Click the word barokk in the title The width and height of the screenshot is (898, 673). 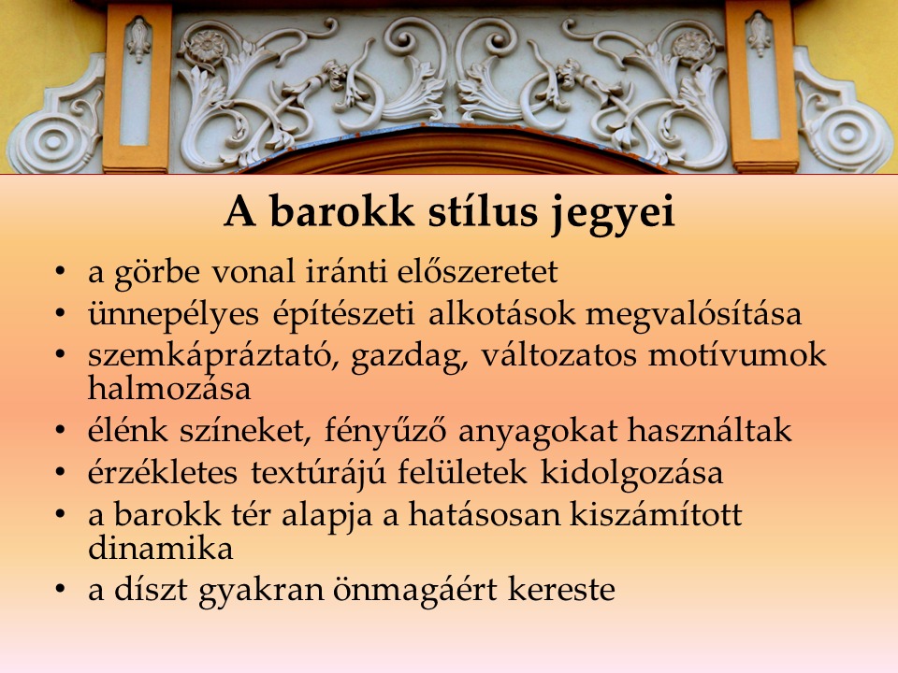click(341, 211)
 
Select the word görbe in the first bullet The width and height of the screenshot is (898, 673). click(157, 273)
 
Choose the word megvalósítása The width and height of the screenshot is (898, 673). click(693, 315)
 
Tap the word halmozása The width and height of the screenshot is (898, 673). click(169, 388)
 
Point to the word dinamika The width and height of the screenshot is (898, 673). click(160, 548)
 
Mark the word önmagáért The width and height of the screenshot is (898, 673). click(414, 591)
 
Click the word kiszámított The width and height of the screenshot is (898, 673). click(656, 514)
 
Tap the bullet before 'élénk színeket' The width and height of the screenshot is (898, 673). click(60, 430)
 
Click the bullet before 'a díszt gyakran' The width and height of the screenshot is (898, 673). click(60, 589)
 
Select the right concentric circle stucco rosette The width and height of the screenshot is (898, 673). click(846, 135)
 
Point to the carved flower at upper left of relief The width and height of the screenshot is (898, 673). click(206, 45)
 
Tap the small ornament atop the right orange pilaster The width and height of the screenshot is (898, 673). click(760, 34)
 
